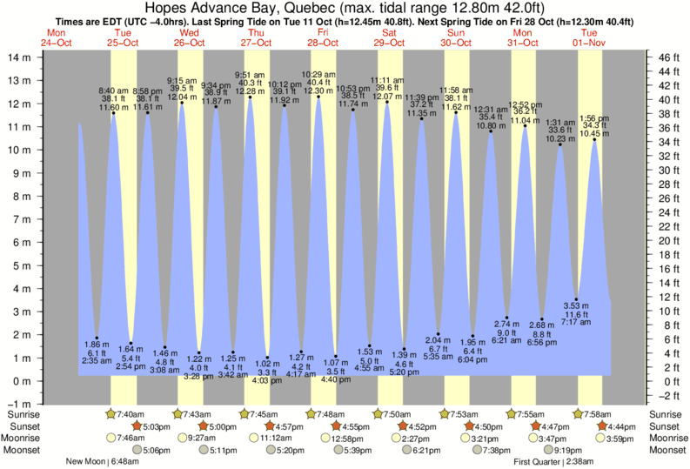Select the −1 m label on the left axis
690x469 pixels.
pos(18,405)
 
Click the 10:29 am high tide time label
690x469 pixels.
pos(319,74)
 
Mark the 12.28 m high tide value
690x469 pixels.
pos(251,90)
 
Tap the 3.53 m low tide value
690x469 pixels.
pos(576,305)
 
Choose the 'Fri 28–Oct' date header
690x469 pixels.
pos(321,37)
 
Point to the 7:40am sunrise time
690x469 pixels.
pos(130,413)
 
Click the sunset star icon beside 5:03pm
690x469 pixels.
pos(137,426)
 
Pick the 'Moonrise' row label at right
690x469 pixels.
pos(668,439)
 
